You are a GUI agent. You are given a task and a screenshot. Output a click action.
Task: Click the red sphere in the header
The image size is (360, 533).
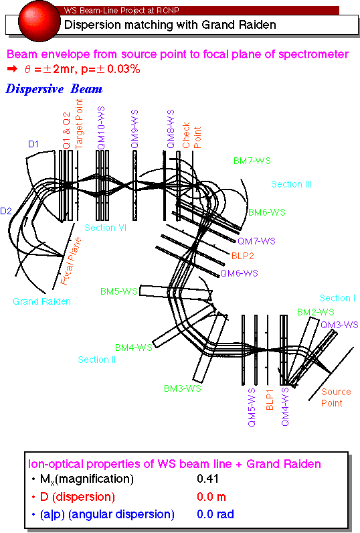[x=39, y=20]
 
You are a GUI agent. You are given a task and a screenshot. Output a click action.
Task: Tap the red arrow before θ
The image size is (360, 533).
[x=12, y=69]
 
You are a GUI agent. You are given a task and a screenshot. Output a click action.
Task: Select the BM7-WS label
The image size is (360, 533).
[x=252, y=161]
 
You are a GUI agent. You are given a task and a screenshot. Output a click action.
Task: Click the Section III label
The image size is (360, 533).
[x=291, y=184]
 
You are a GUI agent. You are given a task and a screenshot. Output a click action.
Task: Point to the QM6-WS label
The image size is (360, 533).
[x=239, y=273]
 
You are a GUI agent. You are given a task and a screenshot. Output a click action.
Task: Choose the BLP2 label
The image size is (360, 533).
[x=242, y=256]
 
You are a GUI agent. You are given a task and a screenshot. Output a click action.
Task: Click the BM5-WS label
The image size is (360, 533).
[x=119, y=291]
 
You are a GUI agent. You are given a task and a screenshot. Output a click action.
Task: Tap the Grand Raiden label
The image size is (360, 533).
[x=41, y=301]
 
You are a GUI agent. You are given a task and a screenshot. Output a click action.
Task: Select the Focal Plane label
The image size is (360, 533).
[x=71, y=260]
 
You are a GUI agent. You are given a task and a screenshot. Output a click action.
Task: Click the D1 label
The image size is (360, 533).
[x=33, y=144]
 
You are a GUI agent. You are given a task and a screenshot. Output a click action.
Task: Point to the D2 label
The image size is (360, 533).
[x=6, y=211]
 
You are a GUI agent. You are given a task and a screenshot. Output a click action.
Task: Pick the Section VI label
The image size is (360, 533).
[x=105, y=228]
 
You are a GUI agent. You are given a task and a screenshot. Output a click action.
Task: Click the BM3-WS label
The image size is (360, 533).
[x=183, y=388]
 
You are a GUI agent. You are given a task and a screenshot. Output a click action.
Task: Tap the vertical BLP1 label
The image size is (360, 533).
[x=270, y=400]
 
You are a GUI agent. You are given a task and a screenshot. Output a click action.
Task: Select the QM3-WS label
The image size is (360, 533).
[x=339, y=325]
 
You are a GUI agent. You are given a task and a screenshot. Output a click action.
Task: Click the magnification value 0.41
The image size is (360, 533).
[x=207, y=479]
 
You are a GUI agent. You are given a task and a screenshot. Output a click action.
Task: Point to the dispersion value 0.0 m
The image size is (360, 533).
[x=211, y=497]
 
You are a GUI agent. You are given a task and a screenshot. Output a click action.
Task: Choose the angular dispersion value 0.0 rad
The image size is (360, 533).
[x=215, y=514]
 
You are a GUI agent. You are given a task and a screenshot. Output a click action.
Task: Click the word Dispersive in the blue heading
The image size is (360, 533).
[x=35, y=89]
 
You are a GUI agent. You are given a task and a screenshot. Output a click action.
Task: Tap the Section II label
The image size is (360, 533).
[x=97, y=360]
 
